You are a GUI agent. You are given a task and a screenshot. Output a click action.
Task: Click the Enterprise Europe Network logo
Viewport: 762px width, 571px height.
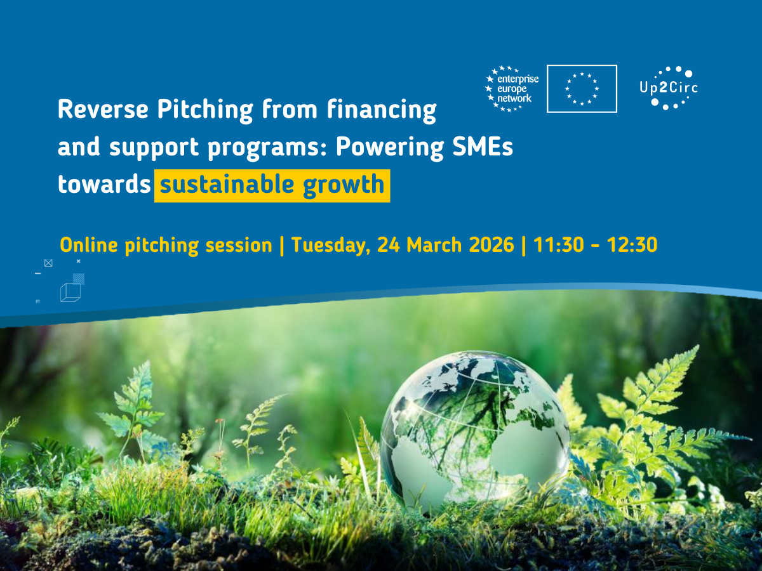[x=512, y=89]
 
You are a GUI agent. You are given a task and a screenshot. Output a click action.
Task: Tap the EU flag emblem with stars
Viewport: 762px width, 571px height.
[x=582, y=89]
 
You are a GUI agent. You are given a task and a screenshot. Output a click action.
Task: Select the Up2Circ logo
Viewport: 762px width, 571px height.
[x=669, y=88]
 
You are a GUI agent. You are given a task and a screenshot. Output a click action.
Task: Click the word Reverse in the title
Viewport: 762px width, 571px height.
[x=103, y=110]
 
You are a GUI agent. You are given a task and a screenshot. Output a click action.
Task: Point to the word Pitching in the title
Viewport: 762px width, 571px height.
[x=205, y=111]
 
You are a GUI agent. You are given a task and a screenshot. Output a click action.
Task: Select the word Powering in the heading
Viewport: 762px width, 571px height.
[x=390, y=148]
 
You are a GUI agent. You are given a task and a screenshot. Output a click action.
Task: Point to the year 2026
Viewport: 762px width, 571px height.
[x=491, y=245]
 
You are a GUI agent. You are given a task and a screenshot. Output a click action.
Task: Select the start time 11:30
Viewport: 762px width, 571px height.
[x=559, y=245]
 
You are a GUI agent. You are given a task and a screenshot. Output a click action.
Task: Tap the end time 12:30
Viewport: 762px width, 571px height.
[x=632, y=245]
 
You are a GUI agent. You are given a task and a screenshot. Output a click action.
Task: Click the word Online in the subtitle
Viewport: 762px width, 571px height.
[x=89, y=245]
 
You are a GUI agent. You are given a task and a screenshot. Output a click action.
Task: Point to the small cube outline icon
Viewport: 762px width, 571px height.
[x=70, y=292]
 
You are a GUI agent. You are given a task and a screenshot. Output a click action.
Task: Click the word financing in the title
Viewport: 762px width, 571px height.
[x=382, y=111]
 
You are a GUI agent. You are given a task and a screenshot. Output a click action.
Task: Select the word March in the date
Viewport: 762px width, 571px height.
[x=434, y=245]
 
